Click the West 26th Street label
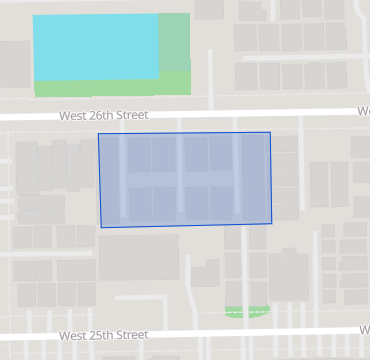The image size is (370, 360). (x=103, y=115)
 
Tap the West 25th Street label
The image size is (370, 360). (x=103, y=335)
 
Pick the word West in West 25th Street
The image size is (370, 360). (x=73, y=335)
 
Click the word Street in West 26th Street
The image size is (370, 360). (x=133, y=115)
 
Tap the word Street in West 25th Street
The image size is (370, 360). (x=133, y=335)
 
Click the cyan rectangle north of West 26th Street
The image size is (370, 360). (x=96, y=46)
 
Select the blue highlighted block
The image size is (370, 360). (x=185, y=179)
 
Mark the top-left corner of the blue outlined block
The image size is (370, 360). (x=98, y=134)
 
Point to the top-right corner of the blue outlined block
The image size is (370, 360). (x=270, y=132)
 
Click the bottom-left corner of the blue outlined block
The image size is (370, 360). (x=101, y=227)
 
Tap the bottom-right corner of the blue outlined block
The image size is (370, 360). (x=272, y=224)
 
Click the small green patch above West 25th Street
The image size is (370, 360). (x=248, y=311)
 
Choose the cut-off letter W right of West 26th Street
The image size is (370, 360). (x=364, y=111)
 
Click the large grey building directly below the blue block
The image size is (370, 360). (x=138, y=257)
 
